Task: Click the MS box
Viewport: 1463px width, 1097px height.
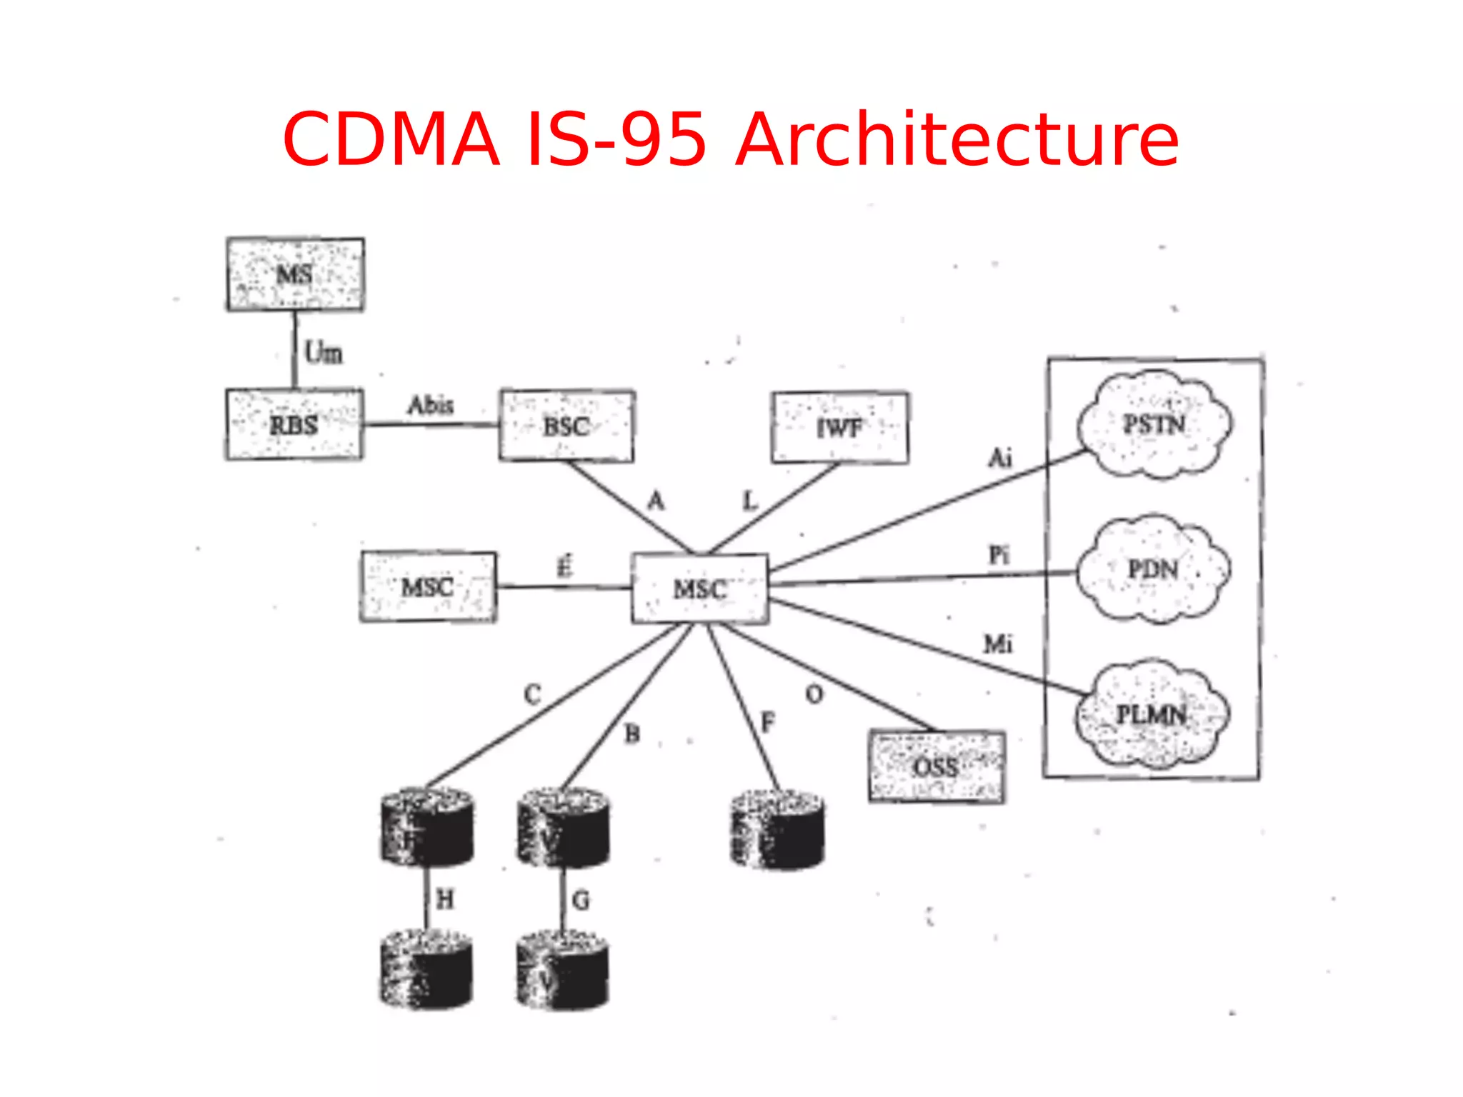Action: pyautogui.click(x=295, y=274)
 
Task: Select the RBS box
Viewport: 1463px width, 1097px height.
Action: pyautogui.click(x=294, y=424)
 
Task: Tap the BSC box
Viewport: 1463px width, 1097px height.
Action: pyautogui.click(x=566, y=426)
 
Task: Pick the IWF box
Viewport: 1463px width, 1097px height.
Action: pyautogui.click(x=840, y=427)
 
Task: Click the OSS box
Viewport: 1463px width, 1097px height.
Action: pyautogui.click(x=937, y=766)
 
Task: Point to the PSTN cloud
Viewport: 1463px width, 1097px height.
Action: pyautogui.click(x=1154, y=424)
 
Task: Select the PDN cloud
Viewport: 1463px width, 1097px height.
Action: pyautogui.click(x=1153, y=569)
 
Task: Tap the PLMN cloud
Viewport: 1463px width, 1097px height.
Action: pyautogui.click(x=1152, y=714)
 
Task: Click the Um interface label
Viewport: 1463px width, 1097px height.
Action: pyautogui.click(x=323, y=352)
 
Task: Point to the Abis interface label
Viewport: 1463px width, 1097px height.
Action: pyautogui.click(x=431, y=405)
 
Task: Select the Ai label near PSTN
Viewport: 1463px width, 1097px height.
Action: pyautogui.click(x=1000, y=457)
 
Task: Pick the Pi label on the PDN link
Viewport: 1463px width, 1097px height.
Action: pyautogui.click(x=999, y=554)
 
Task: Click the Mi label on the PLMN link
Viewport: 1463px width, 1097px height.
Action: pyautogui.click(x=997, y=644)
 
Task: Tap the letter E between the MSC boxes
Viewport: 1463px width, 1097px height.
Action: pyautogui.click(x=564, y=567)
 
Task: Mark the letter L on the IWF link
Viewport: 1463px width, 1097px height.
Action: pyautogui.click(x=749, y=501)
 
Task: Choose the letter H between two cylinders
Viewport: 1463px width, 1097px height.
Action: pyautogui.click(x=445, y=899)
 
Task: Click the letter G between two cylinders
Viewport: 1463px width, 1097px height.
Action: pyautogui.click(x=581, y=900)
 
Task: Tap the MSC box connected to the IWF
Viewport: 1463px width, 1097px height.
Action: pyautogui.click(x=700, y=588)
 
